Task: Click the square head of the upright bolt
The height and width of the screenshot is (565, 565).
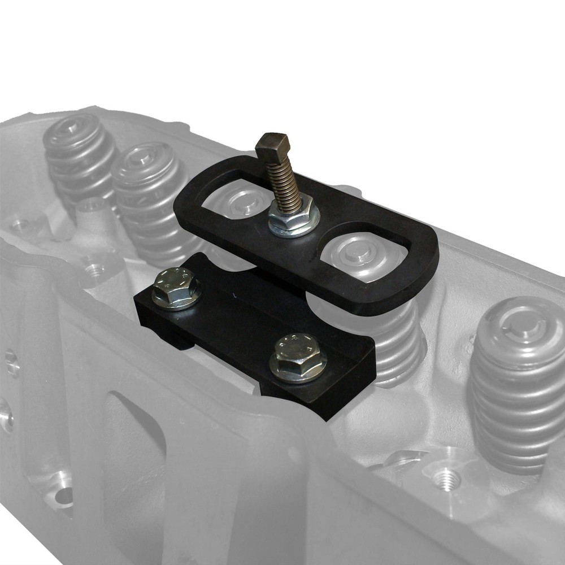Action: pyautogui.click(x=272, y=146)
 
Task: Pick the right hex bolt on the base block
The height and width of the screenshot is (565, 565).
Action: pyautogui.click(x=297, y=355)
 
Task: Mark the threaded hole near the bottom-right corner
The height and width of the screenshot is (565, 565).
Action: pyautogui.click(x=450, y=479)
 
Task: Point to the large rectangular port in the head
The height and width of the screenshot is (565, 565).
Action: pyautogui.click(x=136, y=446)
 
